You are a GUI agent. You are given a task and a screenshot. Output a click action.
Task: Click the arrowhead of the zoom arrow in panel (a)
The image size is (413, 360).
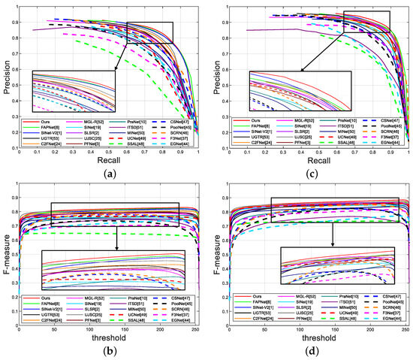pyautogui.click(x=114, y=70)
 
